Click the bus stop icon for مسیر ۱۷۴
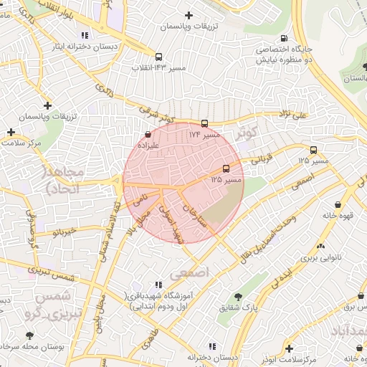point(206,123)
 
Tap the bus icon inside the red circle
point(227,168)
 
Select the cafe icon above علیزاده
point(148,133)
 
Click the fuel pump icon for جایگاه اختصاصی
point(285,39)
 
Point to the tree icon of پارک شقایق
point(237,297)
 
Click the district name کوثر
point(245,133)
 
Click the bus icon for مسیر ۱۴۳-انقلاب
point(158,57)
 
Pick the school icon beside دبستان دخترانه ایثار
point(85,34)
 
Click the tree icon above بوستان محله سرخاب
point(29,335)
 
